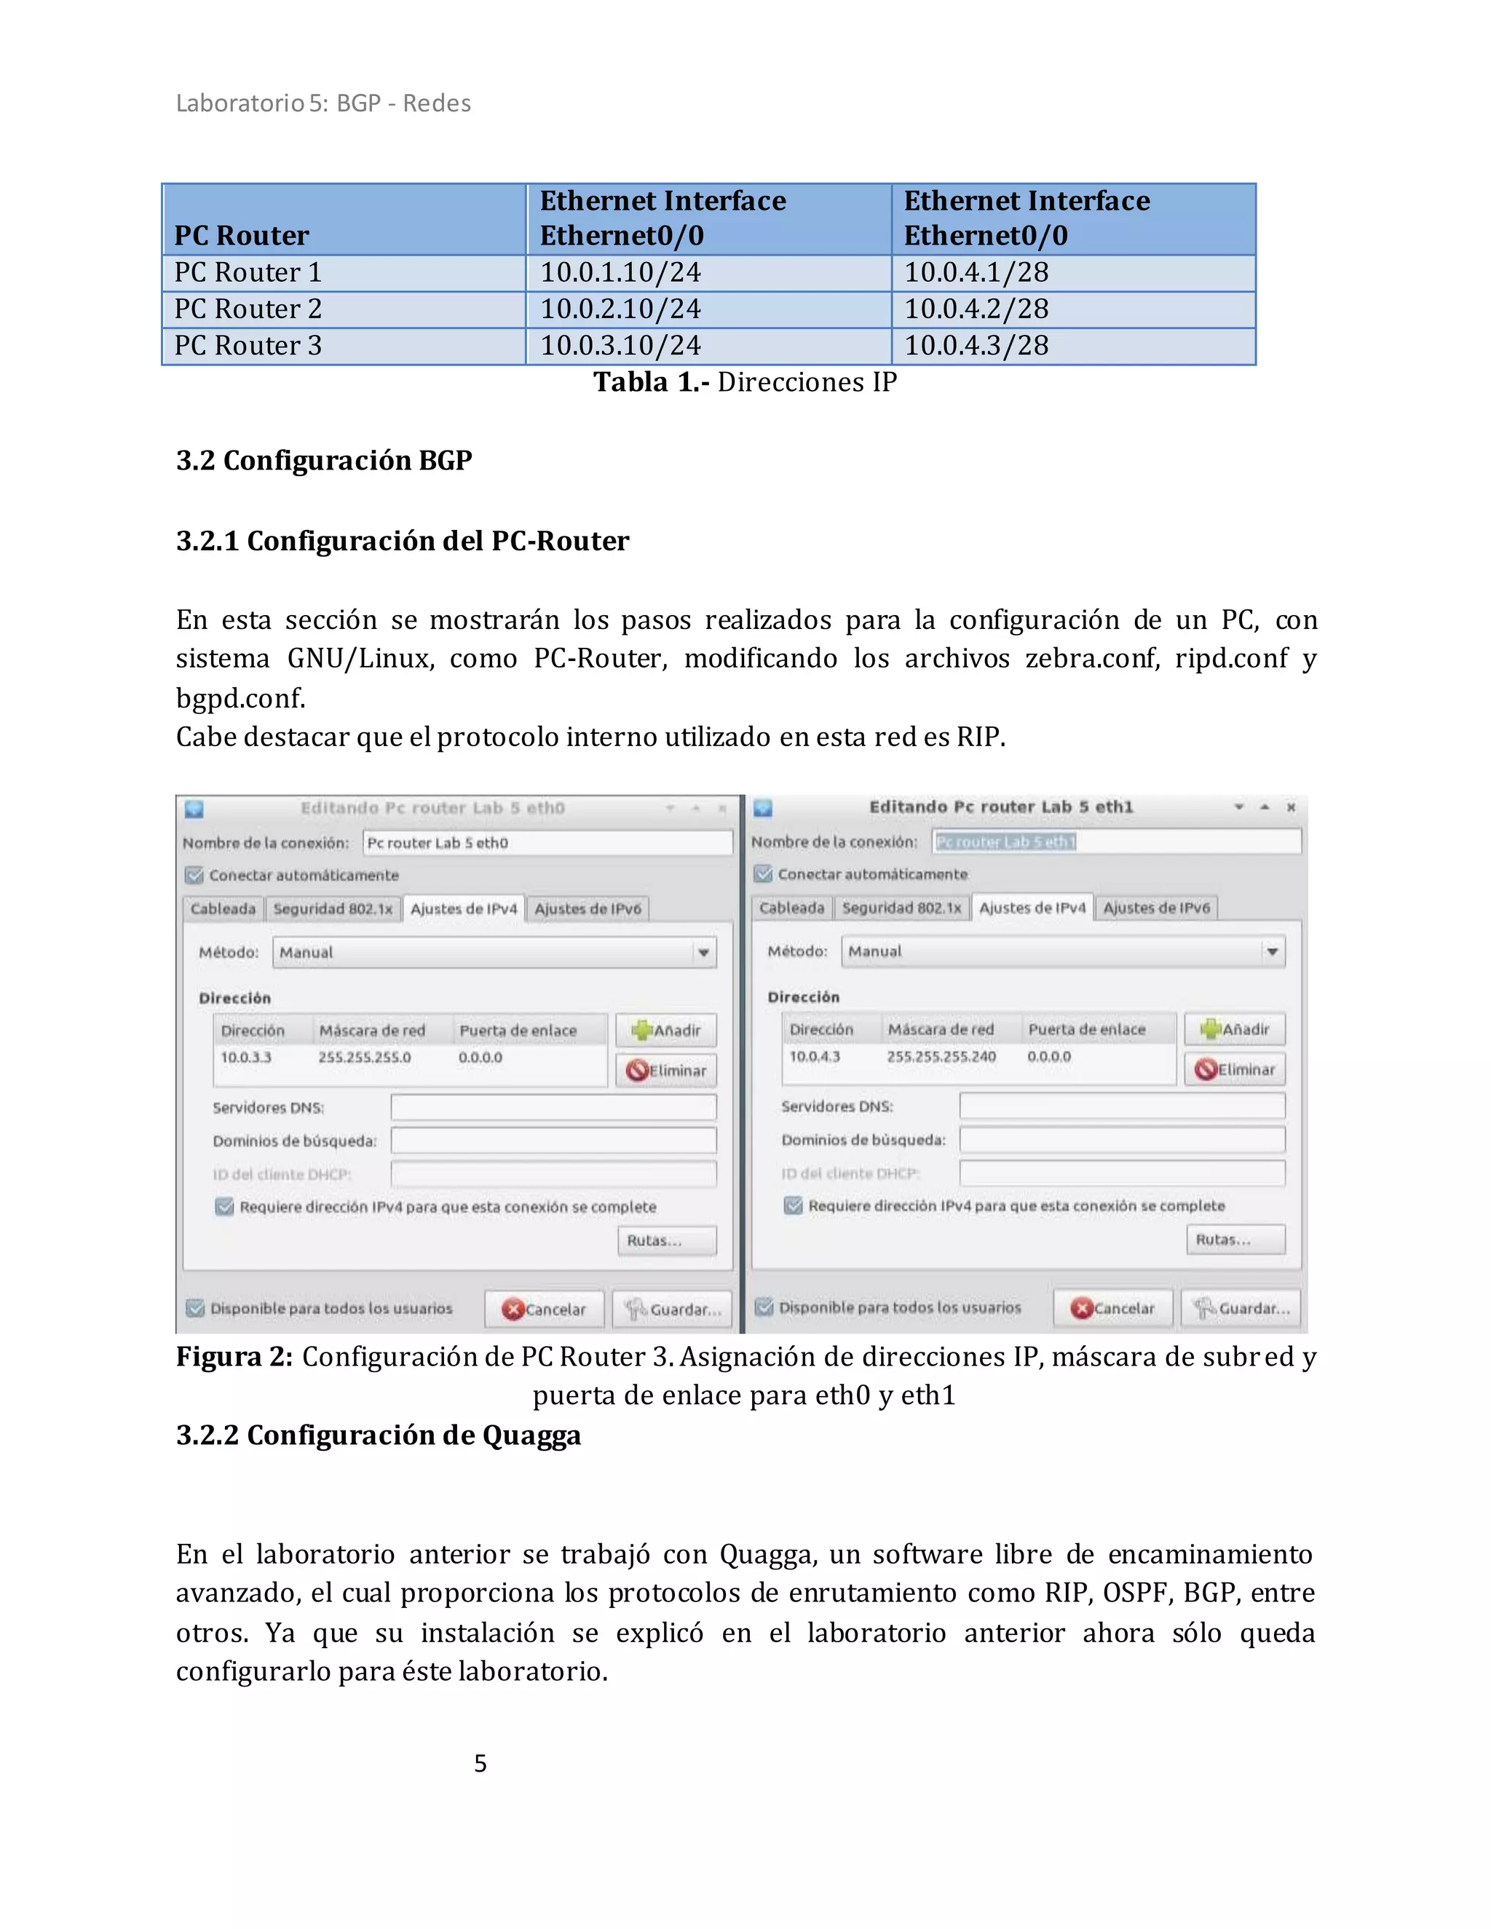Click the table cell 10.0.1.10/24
pos(620,273)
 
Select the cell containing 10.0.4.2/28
pos(976,309)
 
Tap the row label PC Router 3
pos(248,345)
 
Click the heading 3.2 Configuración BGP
pos(323,461)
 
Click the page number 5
pos(480,1763)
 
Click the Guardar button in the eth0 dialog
pos(673,1309)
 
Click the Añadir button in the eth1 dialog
pos(1234,1029)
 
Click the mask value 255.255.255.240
pos(941,1056)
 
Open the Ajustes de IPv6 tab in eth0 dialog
pos(588,909)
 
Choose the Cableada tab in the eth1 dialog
pos(791,908)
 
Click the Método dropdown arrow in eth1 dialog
pos(1272,951)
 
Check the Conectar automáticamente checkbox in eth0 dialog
pos(194,875)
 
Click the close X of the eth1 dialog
pos(1291,807)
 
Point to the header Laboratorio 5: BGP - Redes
pos(323,103)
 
